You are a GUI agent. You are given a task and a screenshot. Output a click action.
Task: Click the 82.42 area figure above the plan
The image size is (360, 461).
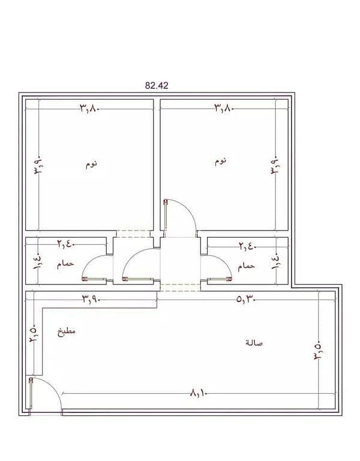[157, 86]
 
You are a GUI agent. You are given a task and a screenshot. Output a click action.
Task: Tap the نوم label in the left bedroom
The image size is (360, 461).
[91, 164]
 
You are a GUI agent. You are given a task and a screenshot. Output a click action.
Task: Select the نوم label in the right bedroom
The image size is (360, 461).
[220, 161]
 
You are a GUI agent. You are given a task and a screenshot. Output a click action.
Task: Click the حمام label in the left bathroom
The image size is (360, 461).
[65, 264]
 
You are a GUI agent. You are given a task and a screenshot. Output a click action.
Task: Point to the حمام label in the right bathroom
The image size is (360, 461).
[246, 266]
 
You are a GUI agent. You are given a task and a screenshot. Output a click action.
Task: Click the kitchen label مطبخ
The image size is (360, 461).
[66, 331]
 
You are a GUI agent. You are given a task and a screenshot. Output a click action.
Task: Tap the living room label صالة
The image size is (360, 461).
[254, 343]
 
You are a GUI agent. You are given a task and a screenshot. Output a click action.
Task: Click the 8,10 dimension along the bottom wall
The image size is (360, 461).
[199, 393]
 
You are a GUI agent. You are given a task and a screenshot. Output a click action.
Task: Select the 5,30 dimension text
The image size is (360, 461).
[245, 300]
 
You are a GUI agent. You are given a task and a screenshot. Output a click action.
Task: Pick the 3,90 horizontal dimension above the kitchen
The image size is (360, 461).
[91, 299]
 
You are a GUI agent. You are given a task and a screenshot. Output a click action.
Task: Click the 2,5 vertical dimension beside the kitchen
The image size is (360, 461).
[33, 333]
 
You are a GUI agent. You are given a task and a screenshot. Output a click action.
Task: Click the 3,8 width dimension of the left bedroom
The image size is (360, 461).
[89, 109]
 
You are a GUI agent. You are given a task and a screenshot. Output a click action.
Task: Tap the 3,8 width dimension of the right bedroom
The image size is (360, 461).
[224, 108]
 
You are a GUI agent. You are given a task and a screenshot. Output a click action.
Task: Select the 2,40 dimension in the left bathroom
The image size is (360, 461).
[66, 244]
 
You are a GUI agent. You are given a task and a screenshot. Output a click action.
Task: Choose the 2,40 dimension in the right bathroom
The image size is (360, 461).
[247, 246]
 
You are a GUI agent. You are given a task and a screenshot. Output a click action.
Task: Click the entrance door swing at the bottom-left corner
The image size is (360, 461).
[53, 385]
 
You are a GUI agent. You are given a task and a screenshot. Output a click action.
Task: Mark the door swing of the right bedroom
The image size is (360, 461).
[188, 209]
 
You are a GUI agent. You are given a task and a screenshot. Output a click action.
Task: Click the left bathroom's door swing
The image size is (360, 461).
[88, 261]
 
